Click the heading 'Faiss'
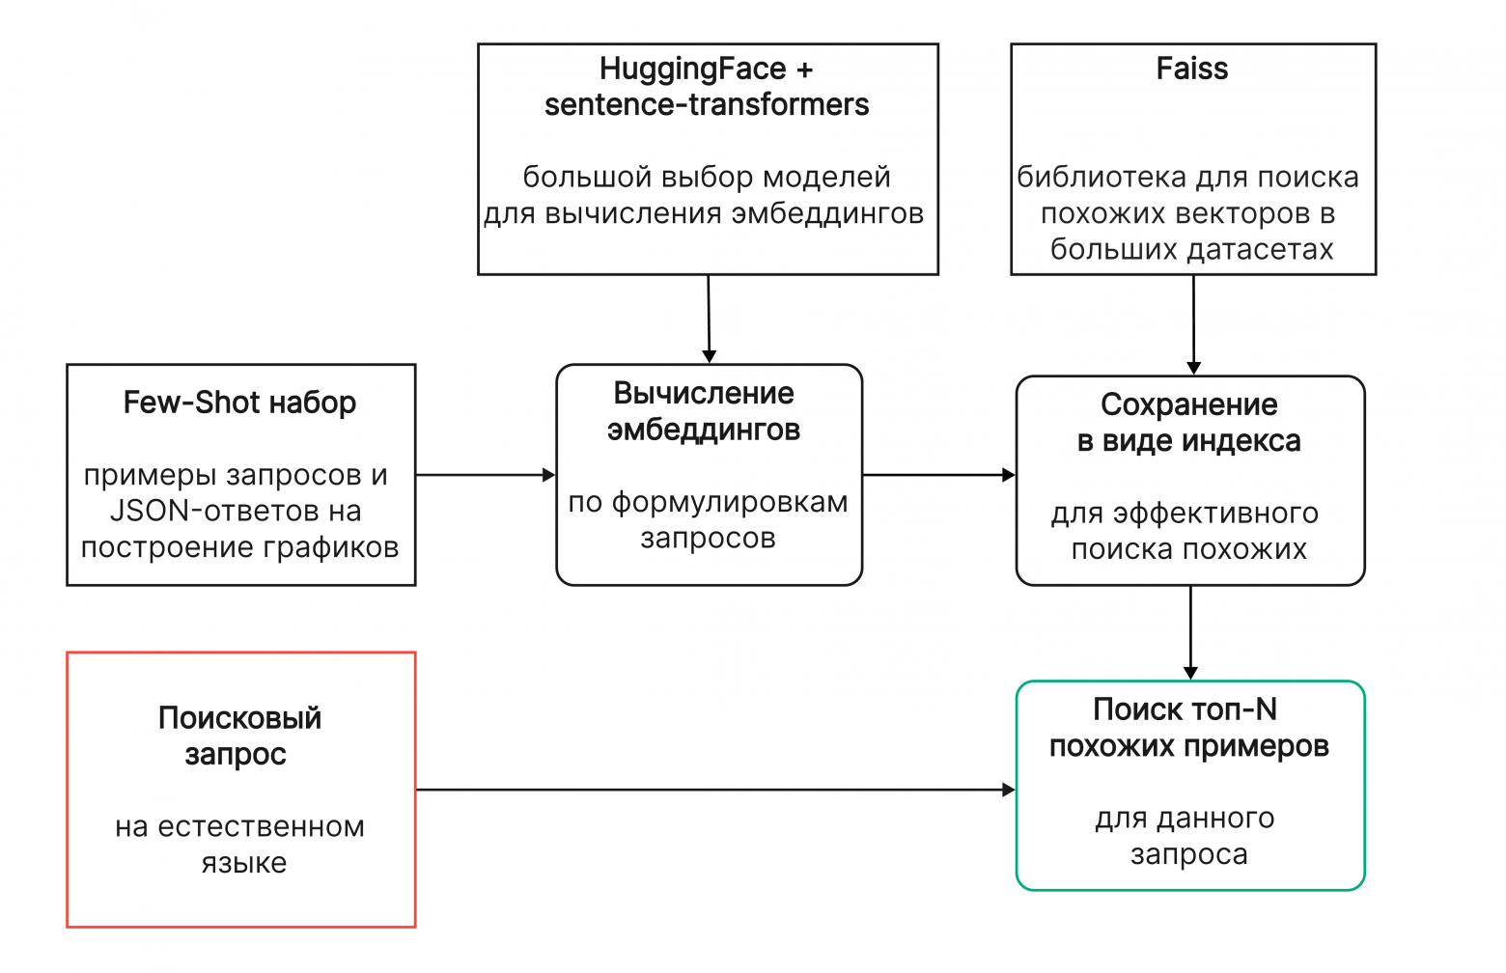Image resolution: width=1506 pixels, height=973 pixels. click(1192, 69)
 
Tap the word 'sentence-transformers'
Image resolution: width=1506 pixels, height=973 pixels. click(707, 105)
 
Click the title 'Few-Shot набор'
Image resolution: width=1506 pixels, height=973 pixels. click(239, 403)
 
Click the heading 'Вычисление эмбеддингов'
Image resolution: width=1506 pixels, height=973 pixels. click(705, 411)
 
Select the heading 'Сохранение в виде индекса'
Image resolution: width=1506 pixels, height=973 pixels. click(1189, 423)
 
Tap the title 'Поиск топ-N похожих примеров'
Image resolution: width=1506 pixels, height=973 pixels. click(1188, 728)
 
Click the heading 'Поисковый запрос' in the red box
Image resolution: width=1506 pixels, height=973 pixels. click(239, 736)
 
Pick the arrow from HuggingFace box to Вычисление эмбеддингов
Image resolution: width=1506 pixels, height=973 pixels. click(709, 319)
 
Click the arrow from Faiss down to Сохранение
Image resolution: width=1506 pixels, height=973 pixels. click(1193, 324)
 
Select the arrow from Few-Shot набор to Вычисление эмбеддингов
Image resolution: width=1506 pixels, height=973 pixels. click(485, 475)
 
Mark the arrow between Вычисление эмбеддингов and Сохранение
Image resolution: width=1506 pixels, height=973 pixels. click(938, 475)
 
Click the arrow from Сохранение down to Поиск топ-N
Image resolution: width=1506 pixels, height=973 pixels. click(1190, 632)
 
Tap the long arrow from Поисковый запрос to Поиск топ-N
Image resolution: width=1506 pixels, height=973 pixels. click(714, 790)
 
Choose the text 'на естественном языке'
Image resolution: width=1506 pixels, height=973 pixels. click(240, 845)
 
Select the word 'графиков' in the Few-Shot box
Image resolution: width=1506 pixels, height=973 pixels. click(339, 547)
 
